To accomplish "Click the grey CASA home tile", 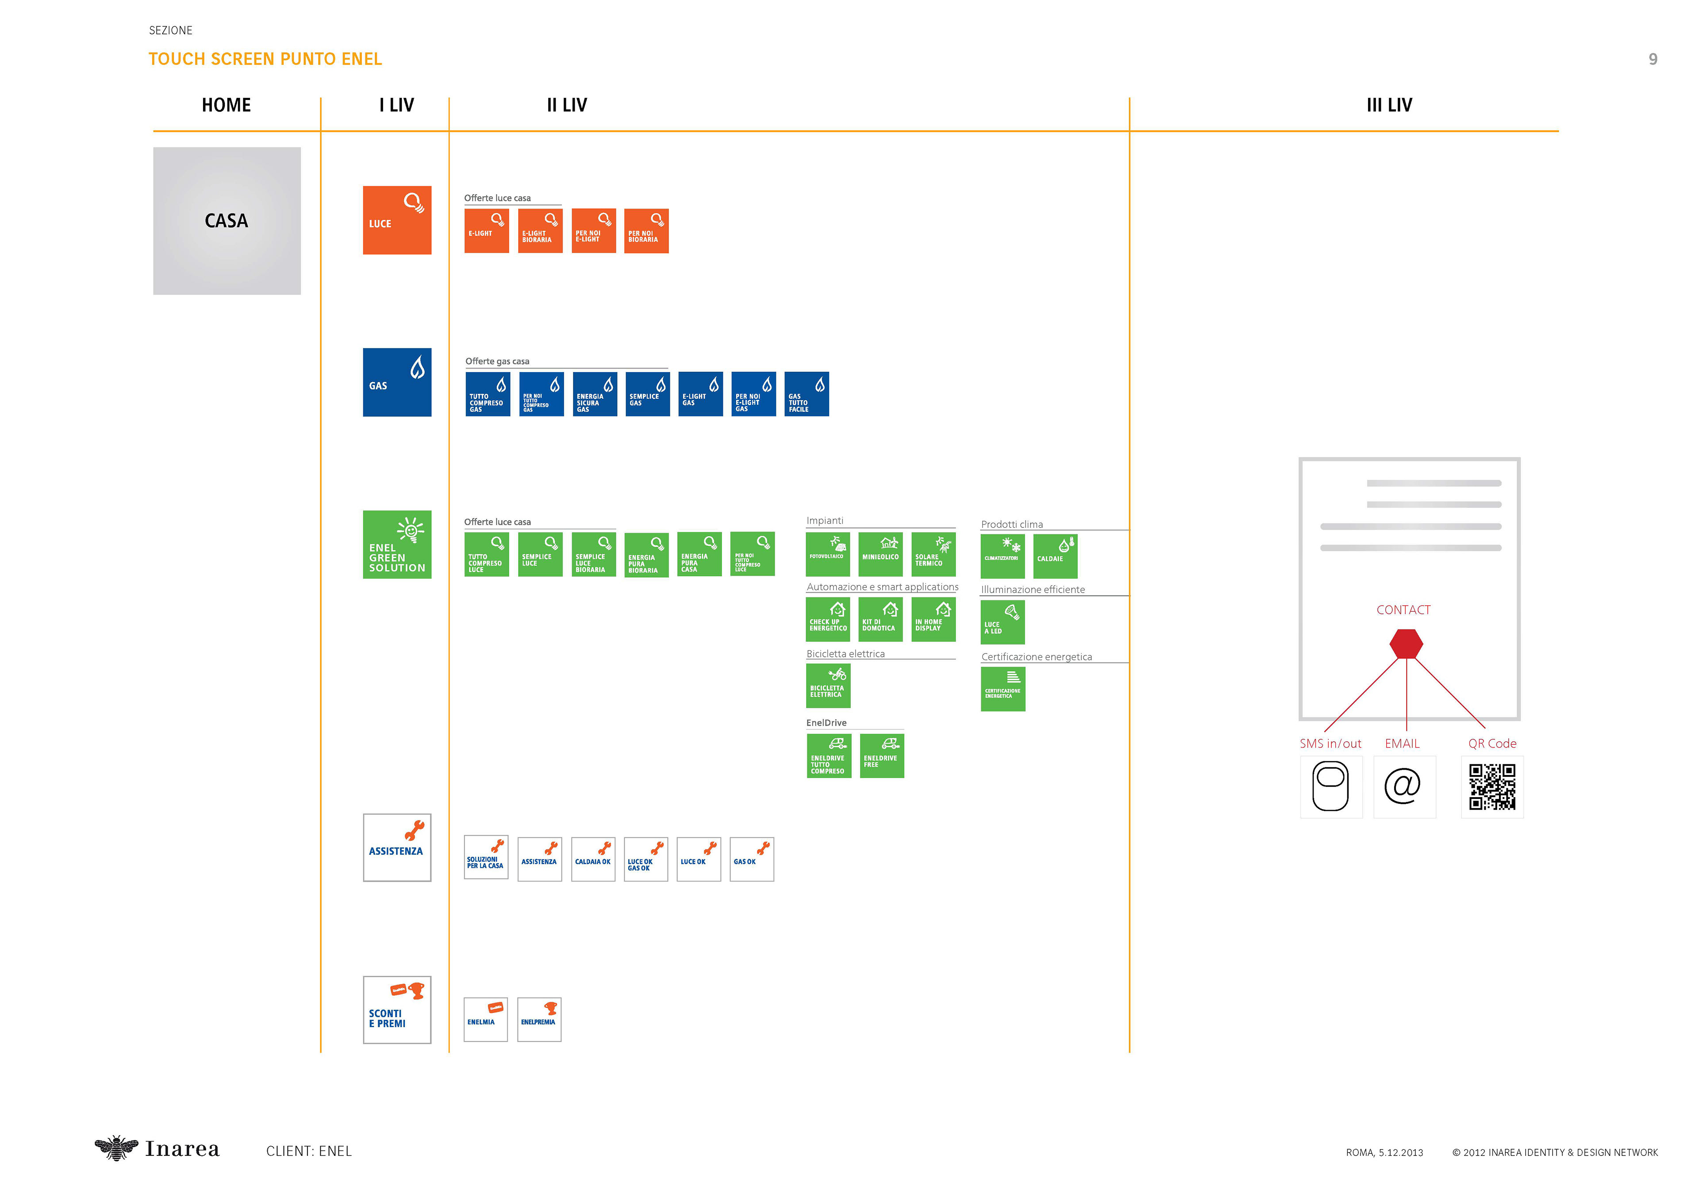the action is click(x=227, y=221).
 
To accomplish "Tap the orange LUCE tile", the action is click(x=396, y=220).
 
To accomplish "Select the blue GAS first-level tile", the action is click(x=396, y=382).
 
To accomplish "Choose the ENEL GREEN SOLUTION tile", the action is click(x=396, y=544).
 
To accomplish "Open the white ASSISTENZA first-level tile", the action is click(x=396, y=847).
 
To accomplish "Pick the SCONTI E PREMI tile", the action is click(x=396, y=1009).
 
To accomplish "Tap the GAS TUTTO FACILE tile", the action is click(x=807, y=394).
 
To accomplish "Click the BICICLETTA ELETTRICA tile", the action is click(x=828, y=685).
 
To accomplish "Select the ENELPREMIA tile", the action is click(x=539, y=1019).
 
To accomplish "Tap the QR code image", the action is click(x=1492, y=787).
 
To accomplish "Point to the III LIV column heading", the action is click(x=1389, y=105).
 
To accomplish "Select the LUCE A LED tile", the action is click(x=1003, y=622).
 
